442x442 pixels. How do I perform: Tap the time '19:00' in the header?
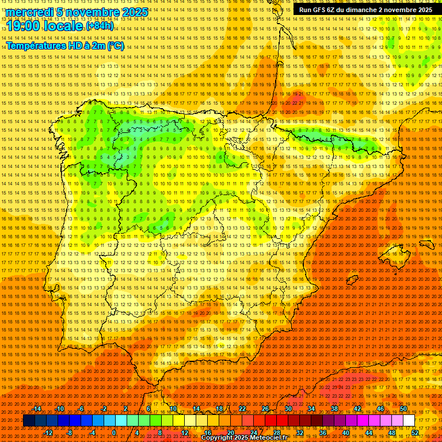[23, 25]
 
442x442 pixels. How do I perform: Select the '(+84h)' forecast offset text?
[100, 26]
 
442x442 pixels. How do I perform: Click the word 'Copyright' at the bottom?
[217, 438]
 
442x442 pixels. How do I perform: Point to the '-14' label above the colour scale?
[37, 409]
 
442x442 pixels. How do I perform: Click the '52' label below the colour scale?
[414, 433]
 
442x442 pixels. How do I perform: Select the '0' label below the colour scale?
[114, 433]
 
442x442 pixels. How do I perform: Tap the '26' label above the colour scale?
[265, 409]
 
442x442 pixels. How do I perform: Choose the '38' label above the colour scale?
[334, 409]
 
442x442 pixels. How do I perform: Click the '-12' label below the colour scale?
[49, 433]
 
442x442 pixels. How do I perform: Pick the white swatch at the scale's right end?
[409, 421]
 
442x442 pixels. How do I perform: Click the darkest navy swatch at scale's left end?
[29, 421]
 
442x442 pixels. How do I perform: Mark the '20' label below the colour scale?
[230, 433]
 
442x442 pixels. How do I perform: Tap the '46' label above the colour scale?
[380, 409]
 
